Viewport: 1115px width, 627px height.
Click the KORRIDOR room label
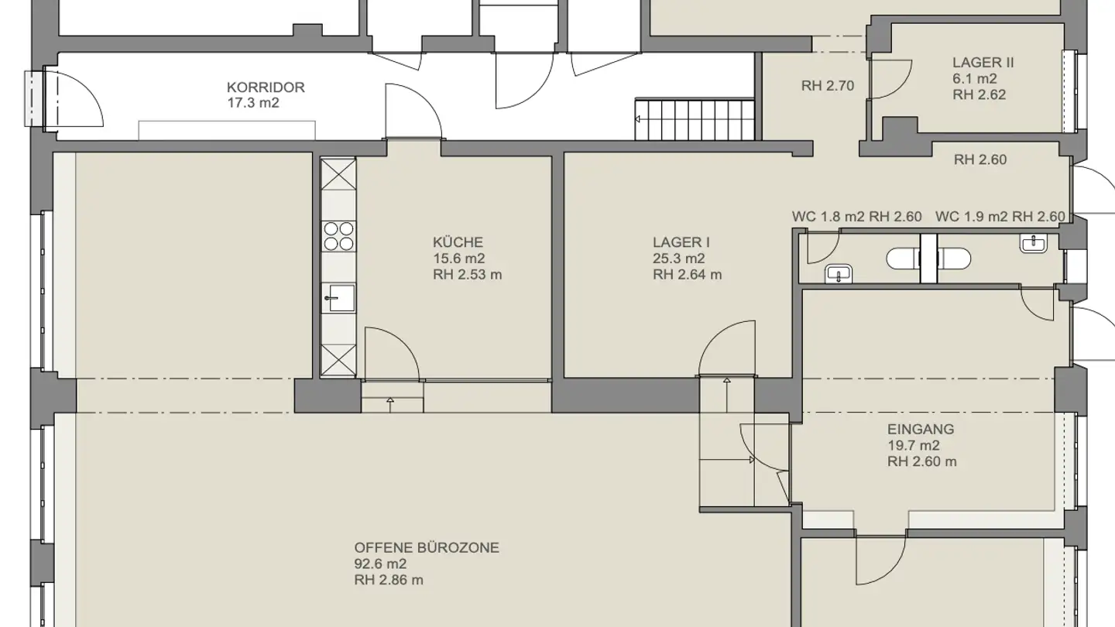[x=266, y=87]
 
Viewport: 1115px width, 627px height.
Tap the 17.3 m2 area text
[x=253, y=103]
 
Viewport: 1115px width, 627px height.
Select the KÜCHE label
[x=458, y=242]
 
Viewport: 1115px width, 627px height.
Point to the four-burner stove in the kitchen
[x=338, y=235]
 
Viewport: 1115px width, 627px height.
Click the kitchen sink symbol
[x=338, y=296]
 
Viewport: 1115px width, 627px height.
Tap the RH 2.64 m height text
[x=687, y=275]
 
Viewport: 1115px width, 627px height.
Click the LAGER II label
[x=983, y=63]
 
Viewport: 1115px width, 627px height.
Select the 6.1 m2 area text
[x=974, y=79]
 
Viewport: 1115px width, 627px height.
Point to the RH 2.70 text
[x=828, y=86]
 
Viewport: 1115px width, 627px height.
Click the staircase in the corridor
[x=695, y=118]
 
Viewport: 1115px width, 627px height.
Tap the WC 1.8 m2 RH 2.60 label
[x=856, y=217]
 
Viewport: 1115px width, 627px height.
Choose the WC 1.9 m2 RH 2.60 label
[x=1000, y=217]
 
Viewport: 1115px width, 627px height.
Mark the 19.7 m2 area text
[x=914, y=446]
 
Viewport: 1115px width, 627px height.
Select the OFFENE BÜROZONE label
[x=427, y=548]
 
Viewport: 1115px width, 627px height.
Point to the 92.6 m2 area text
[x=380, y=564]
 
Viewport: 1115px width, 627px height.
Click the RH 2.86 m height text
[x=389, y=581]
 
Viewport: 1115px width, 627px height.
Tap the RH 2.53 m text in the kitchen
[x=467, y=275]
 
